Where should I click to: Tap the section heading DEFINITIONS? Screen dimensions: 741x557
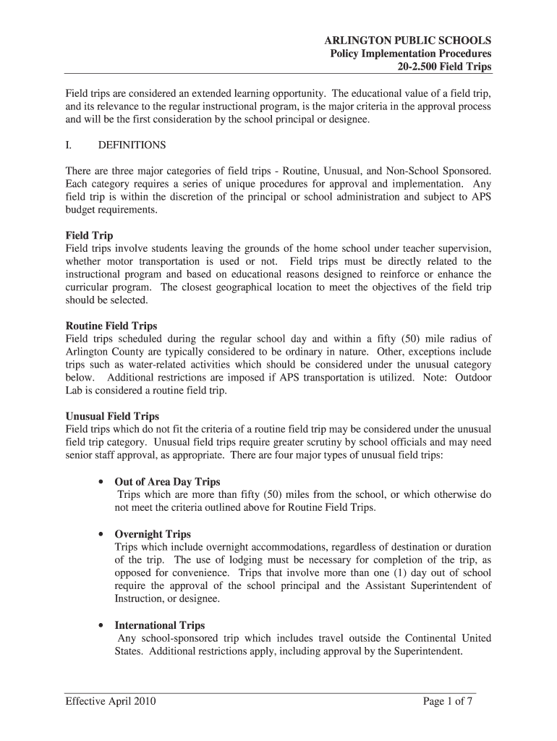132,145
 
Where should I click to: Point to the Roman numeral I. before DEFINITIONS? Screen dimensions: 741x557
69,145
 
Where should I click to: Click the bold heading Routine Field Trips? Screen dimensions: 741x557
111,326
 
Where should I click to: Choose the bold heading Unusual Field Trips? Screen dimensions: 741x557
112,416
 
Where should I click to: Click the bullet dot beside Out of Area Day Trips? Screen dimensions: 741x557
99,482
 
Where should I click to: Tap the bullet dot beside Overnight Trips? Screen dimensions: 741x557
99,534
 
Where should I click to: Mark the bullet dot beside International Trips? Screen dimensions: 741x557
99,625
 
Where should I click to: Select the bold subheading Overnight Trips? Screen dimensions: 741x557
153,534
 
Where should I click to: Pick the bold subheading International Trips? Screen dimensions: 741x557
160,625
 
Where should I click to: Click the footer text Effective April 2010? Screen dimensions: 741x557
111,701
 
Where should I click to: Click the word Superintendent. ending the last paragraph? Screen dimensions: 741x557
426,651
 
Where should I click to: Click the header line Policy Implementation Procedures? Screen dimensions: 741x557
411,54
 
